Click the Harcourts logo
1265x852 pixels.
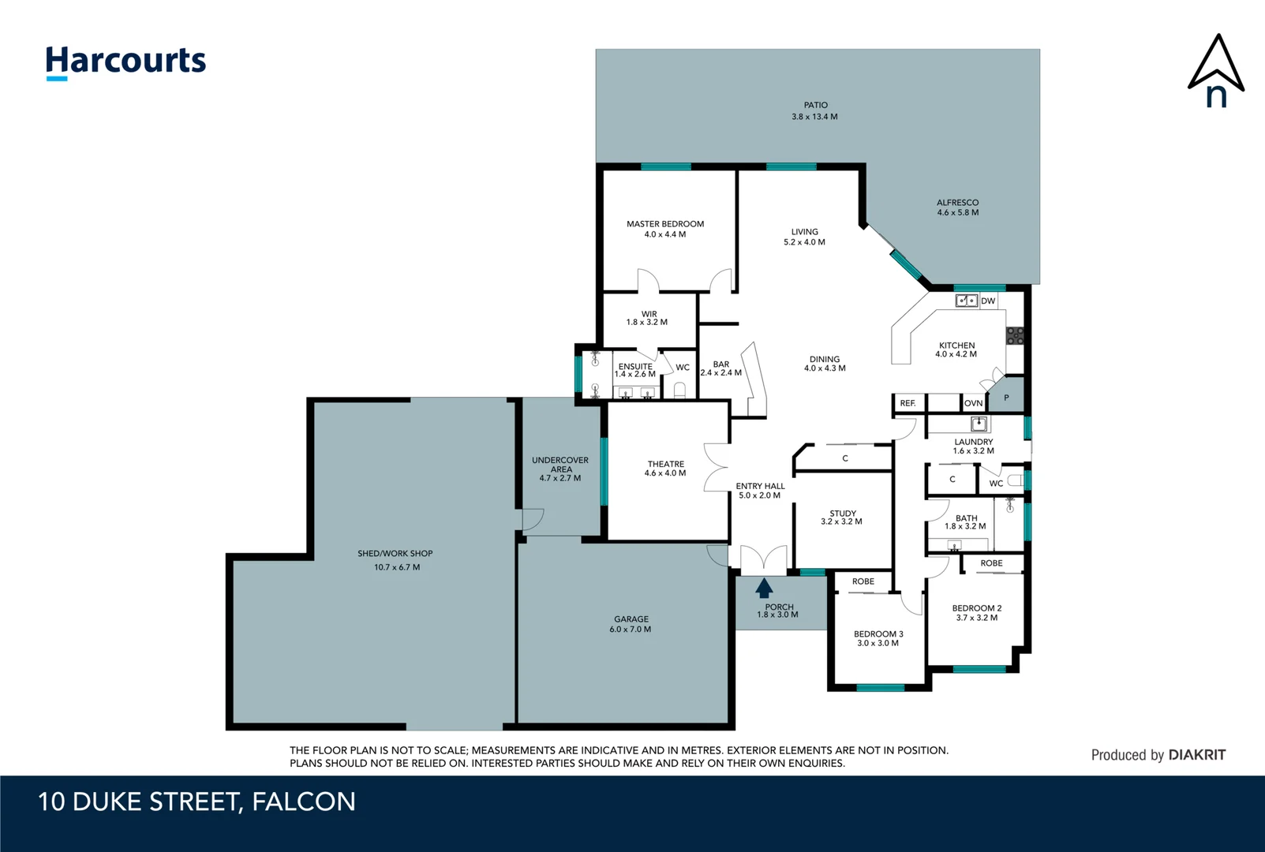point(125,62)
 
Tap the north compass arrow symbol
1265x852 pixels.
point(1216,71)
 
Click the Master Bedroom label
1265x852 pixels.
point(665,229)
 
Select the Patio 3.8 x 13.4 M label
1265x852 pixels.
point(815,110)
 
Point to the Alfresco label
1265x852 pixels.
point(957,207)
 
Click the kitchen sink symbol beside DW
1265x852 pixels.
point(967,301)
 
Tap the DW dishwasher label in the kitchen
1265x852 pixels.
point(988,301)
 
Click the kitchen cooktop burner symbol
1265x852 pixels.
point(1015,335)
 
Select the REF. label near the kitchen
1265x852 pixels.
point(908,403)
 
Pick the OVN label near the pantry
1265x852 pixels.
point(973,403)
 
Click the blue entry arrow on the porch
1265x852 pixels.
point(764,589)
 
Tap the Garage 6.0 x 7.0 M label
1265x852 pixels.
point(631,624)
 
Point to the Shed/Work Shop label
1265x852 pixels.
point(395,559)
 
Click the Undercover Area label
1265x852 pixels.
point(560,469)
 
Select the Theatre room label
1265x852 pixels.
point(665,469)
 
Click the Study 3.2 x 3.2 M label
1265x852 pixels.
point(842,517)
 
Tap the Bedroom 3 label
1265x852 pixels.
point(878,638)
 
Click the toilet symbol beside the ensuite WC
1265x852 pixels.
point(679,389)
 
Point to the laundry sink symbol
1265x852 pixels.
point(979,424)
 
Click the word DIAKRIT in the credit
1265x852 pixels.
point(1196,755)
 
